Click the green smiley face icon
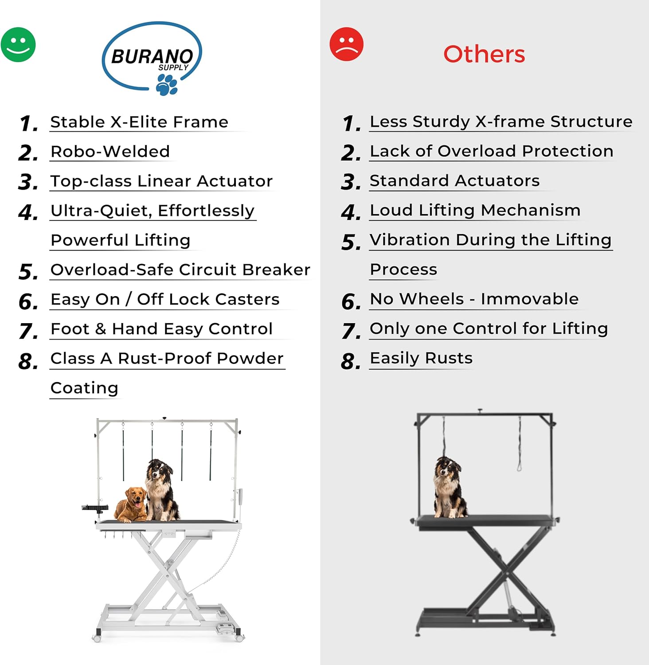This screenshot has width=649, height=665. tap(18, 45)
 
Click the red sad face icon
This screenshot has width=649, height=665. tap(347, 44)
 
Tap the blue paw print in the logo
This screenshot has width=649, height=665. tap(167, 85)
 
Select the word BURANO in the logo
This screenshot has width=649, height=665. tap(152, 57)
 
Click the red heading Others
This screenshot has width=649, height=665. tap(484, 54)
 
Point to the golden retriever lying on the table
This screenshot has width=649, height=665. tap(131, 505)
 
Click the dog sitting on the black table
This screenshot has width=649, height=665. tap(449, 487)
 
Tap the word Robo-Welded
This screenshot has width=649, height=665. tap(110, 152)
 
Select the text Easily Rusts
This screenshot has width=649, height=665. tap(421, 358)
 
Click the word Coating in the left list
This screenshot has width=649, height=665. tap(84, 388)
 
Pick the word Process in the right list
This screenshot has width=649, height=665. tap(403, 269)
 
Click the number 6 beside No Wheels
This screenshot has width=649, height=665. tap(351, 302)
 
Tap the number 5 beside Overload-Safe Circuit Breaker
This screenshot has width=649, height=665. tap(28, 272)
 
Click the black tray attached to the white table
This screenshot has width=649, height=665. tap(95, 508)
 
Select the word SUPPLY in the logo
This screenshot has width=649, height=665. tap(173, 67)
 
